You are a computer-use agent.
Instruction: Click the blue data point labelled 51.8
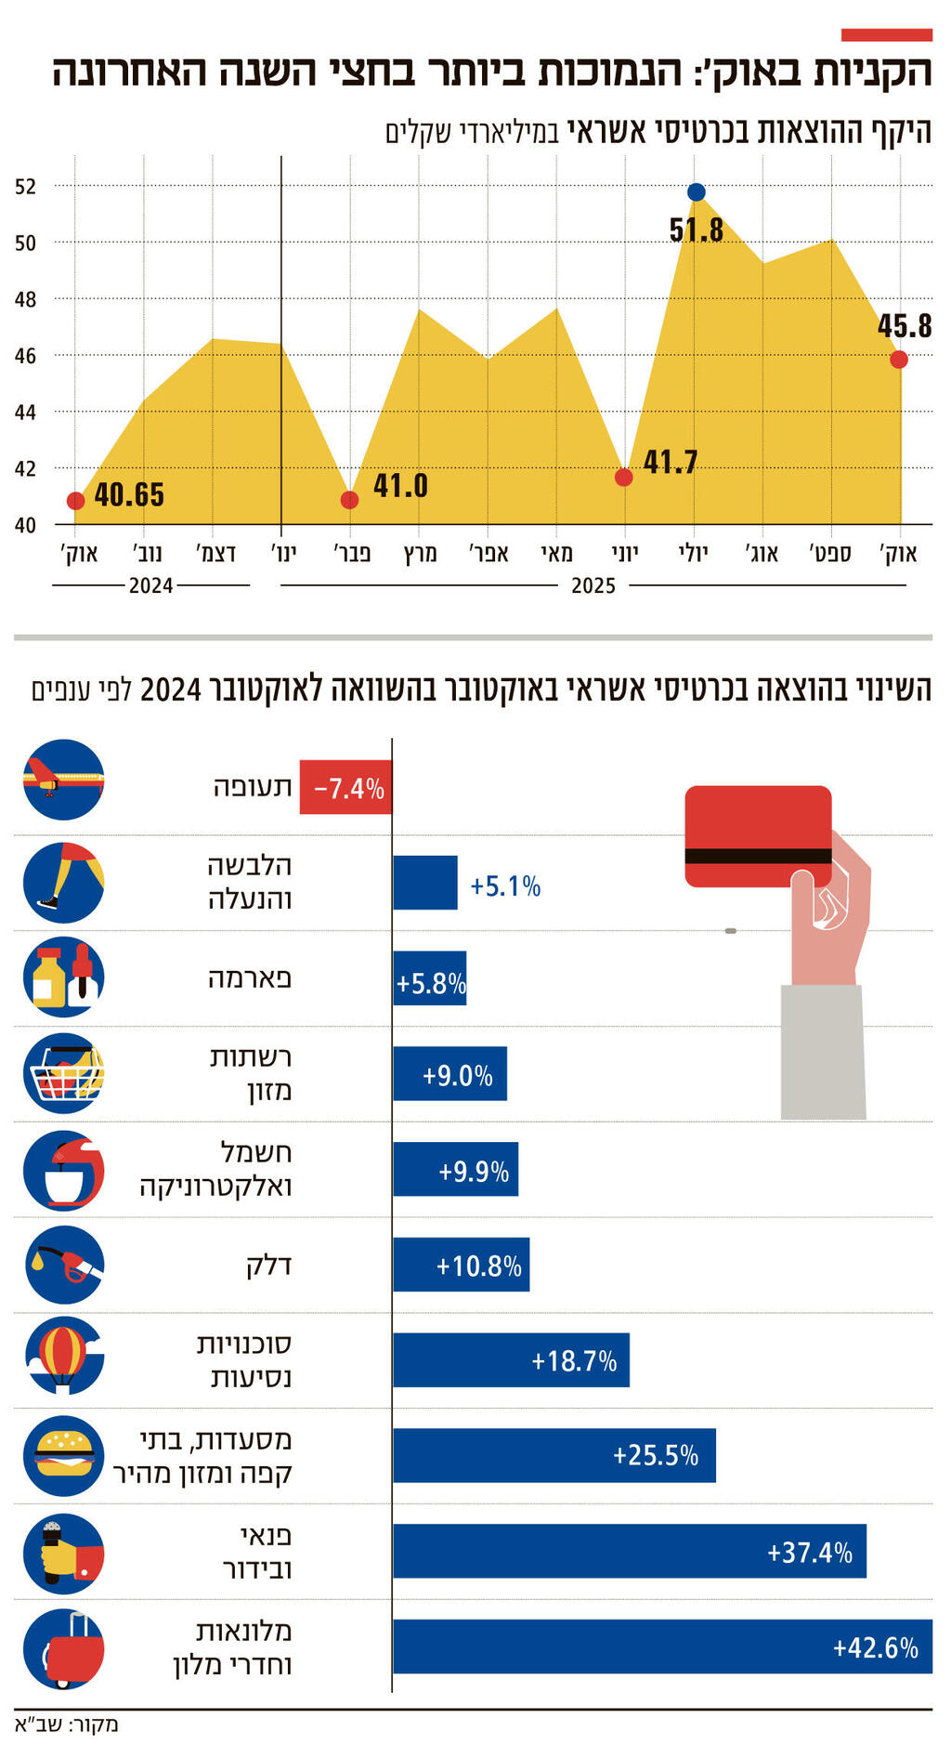point(697,192)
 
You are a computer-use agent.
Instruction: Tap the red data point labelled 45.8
point(898,360)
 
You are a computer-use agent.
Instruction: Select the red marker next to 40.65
point(76,501)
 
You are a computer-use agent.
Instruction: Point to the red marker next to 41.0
point(349,500)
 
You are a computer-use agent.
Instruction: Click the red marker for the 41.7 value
point(624,477)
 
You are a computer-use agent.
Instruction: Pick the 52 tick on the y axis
point(25,186)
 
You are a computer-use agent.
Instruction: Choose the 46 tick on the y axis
point(25,355)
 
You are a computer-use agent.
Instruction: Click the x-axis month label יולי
point(693,554)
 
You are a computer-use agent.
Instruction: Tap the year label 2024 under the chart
point(150,585)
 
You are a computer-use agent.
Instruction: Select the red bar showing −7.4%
point(345,788)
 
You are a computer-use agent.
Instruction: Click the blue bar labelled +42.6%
point(661,1647)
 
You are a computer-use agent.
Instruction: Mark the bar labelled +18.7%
point(511,1360)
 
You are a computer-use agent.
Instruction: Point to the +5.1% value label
point(505,886)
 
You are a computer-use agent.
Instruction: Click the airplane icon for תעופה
point(63,779)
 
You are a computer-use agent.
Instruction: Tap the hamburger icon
point(63,1456)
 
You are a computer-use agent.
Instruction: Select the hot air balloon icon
point(63,1356)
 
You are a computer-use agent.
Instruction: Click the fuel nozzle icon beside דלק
point(63,1265)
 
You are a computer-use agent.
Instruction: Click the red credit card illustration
point(758,835)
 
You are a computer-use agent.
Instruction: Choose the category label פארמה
point(249,977)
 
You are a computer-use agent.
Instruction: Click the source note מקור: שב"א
point(67,1725)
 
